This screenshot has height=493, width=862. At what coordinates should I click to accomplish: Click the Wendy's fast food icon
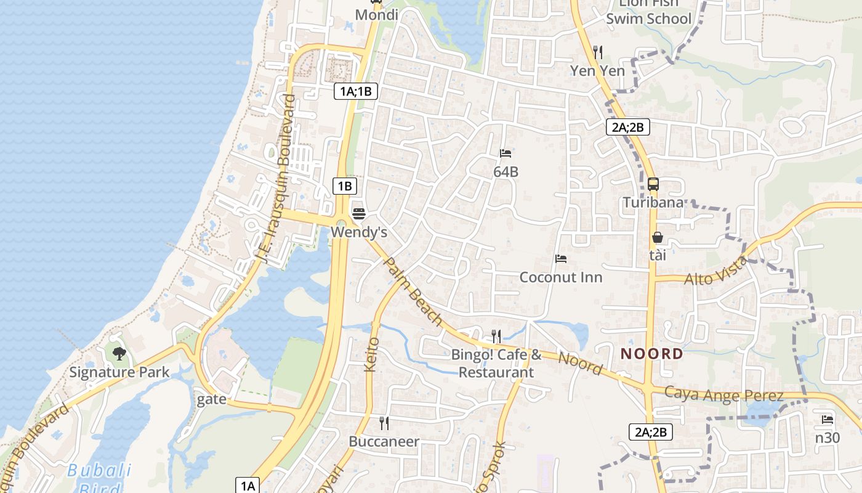[359, 214]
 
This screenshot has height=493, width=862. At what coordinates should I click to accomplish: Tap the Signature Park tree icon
[119, 353]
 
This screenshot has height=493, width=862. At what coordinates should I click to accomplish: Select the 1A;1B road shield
[356, 92]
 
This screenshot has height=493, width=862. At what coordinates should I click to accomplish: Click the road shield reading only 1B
[345, 185]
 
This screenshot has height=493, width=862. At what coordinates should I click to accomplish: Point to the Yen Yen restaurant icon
[597, 52]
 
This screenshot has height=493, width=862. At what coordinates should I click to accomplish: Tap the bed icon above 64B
[506, 153]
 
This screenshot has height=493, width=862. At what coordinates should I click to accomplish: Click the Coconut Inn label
[561, 277]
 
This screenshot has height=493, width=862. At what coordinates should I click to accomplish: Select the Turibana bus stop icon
[653, 184]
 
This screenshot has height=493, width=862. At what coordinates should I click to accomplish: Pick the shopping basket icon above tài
[658, 237]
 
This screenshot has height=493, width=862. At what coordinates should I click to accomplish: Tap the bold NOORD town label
[652, 354]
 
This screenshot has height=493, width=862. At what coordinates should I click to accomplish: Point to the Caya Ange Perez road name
[724, 394]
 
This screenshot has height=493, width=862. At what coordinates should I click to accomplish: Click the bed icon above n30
[828, 420]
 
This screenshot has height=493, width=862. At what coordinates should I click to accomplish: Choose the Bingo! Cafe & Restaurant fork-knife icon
[496, 336]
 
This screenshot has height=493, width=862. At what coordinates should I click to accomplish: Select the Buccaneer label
[384, 441]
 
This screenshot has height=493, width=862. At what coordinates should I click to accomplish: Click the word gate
[212, 399]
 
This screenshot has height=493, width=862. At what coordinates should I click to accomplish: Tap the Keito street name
[372, 354]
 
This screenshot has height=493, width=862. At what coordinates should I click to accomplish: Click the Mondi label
[377, 14]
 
